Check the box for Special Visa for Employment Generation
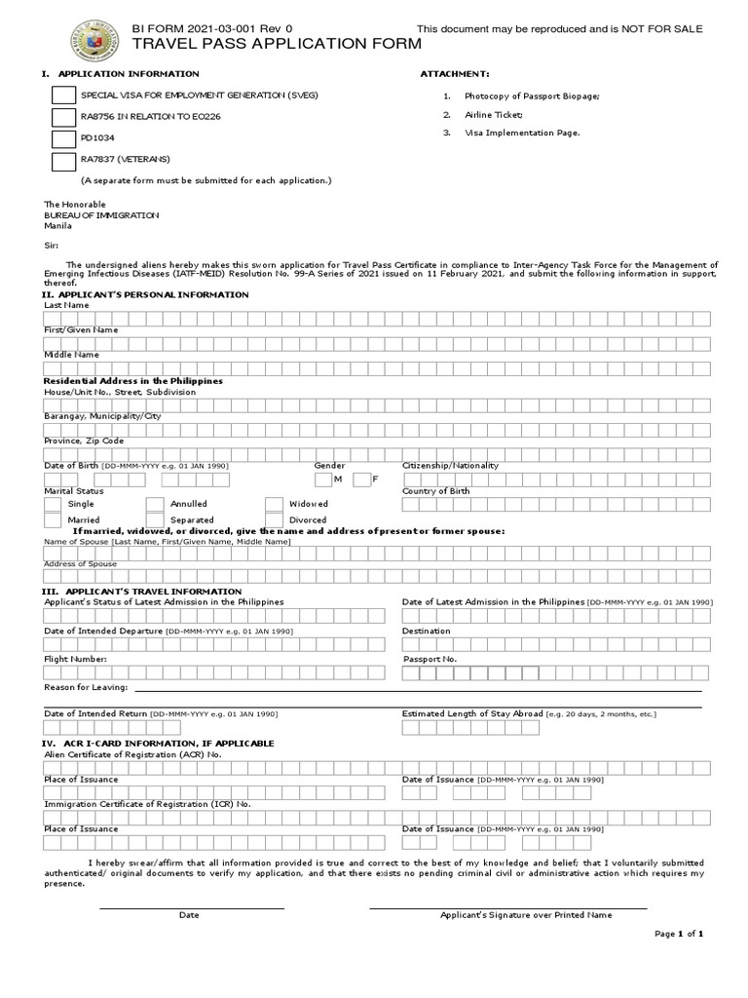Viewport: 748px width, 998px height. pos(62,96)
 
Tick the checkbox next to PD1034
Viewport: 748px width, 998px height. pos(62,139)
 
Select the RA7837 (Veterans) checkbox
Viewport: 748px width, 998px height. pos(62,161)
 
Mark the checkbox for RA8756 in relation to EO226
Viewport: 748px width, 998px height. pos(62,118)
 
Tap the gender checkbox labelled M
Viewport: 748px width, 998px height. pos(323,480)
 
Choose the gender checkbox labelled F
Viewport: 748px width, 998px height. pos(361,480)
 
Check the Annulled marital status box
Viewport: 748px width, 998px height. pos(155,504)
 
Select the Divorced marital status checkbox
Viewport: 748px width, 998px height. pos(274,520)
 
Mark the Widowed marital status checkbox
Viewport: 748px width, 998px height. pos(274,504)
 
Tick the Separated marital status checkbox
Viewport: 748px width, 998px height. pos(155,520)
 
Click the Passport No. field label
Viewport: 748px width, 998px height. pos(430,660)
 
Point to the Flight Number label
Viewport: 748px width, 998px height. pos(76,660)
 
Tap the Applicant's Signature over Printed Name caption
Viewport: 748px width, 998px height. pos(526,915)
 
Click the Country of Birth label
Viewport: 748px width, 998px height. pos(436,491)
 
